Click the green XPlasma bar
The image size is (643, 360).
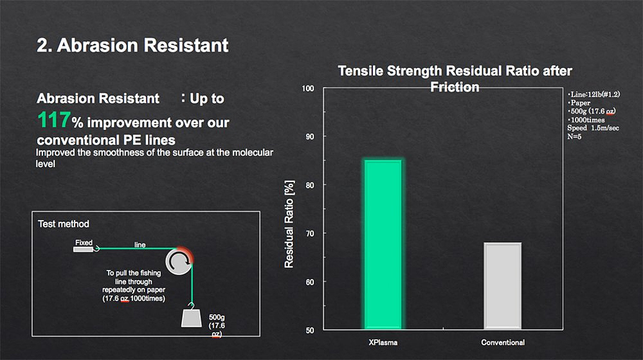click(x=383, y=244)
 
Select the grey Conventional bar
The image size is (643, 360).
click(x=503, y=286)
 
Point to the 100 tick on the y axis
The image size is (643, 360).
click(x=308, y=89)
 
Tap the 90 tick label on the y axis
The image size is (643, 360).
click(x=310, y=136)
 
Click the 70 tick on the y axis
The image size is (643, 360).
click(x=310, y=234)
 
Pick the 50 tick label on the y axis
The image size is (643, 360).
click(x=310, y=330)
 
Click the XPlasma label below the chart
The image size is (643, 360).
click(x=383, y=343)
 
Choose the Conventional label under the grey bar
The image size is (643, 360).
click(x=503, y=343)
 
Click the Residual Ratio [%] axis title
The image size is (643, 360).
click(x=289, y=224)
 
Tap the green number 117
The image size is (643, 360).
click(x=54, y=120)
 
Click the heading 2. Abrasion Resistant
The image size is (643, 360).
click(x=132, y=45)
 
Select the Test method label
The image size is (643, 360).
click(x=64, y=224)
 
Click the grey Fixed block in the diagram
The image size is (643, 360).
click(x=83, y=249)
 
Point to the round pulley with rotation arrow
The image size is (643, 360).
click(x=179, y=261)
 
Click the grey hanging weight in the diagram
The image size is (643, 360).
click(x=192, y=318)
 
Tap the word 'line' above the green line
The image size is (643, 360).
click(x=140, y=245)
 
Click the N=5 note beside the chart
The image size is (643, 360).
click(x=574, y=136)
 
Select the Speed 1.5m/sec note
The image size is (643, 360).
click(x=593, y=128)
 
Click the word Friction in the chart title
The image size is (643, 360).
click(x=455, y=87)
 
